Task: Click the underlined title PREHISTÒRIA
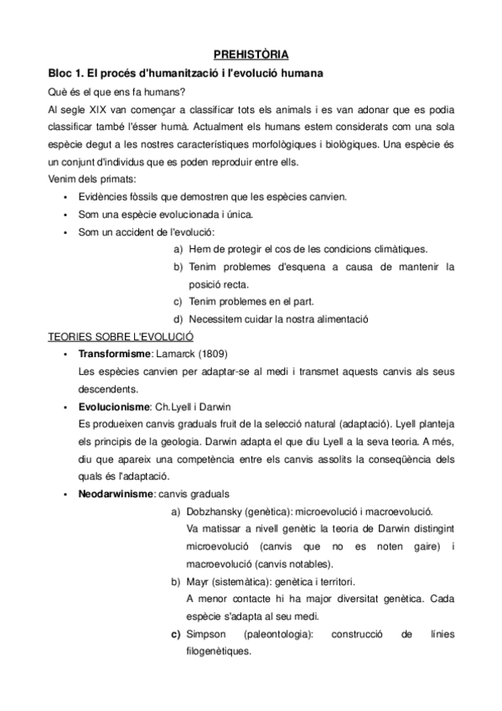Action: pos(251,55)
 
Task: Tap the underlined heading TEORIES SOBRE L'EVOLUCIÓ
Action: pos(122,336)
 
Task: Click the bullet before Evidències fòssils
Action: pos(65,196)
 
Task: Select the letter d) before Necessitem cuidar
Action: pos(178,319)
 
